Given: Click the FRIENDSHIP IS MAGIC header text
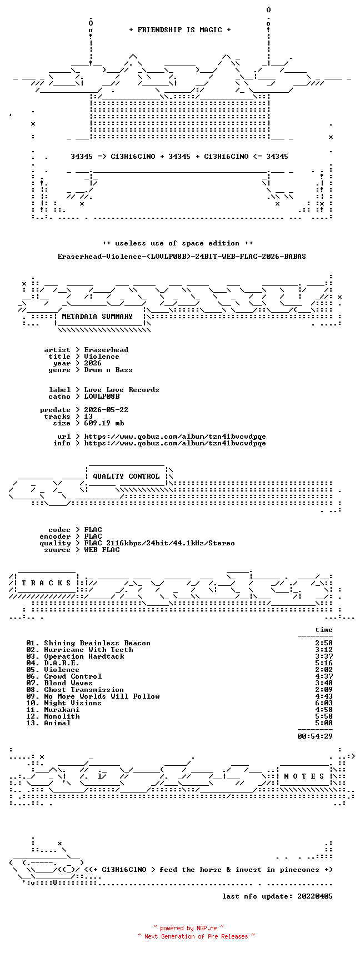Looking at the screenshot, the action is [179, 30].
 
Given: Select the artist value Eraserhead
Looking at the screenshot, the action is [106, 350].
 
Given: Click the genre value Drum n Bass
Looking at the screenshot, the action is [108, 370].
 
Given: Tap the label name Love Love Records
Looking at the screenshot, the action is [122, 390].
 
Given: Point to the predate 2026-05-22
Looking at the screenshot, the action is [106, 410].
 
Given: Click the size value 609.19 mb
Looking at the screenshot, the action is [104, 423].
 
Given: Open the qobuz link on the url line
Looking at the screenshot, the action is [175, 437].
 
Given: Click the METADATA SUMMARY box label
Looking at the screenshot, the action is [97, 317].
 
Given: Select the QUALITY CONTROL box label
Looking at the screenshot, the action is [126, 476].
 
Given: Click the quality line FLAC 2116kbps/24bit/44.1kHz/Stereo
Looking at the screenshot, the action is [159, 543].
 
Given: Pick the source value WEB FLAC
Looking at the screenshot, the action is [102, 550].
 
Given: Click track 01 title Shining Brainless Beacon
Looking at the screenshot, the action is [97, 643].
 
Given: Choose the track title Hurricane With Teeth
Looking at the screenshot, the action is [88, 650].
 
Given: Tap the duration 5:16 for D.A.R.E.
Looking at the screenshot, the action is [324, 663].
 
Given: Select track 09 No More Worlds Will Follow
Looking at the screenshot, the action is [102, 696].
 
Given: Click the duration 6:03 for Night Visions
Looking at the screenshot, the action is [324, 703].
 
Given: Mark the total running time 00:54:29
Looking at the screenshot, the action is [315, 736].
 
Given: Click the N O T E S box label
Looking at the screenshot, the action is [304, 776].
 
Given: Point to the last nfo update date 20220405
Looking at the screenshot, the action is [315, 896].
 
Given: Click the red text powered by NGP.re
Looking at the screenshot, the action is [189, 928].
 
